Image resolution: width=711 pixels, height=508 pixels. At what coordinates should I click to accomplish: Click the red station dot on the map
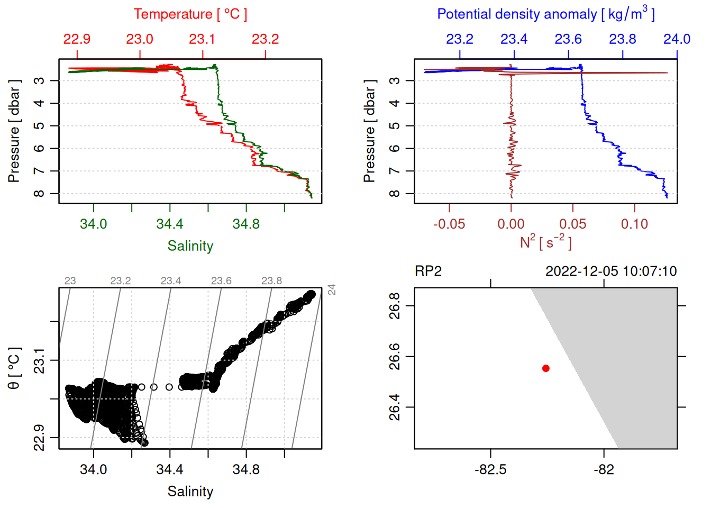point(546,368)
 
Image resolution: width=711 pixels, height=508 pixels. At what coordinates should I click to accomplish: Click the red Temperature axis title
point(190,14)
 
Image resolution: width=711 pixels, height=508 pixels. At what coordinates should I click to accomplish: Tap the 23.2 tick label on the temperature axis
point(265,39)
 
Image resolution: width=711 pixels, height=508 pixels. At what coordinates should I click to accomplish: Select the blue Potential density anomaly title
point(545,14)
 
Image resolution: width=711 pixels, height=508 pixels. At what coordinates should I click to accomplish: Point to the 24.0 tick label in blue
point(677,39)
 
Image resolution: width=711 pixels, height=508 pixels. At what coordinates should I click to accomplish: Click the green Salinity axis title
point(190,246)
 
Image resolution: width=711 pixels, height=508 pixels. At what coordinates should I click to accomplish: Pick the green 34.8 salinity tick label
point(246,224)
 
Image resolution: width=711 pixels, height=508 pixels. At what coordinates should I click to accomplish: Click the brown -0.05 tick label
point(449,224)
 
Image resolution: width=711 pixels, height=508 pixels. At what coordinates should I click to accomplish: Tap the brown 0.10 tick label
point(634,224)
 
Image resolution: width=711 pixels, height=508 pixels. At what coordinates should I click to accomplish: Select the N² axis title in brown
point(545,242)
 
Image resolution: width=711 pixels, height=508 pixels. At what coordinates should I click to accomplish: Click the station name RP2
point(428,271)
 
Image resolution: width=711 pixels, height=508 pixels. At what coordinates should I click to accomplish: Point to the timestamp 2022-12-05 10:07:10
point(611,271)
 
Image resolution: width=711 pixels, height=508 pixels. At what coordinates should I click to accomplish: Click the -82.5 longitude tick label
point(490,470)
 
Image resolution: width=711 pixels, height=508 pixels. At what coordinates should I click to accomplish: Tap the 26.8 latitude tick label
point(395,305)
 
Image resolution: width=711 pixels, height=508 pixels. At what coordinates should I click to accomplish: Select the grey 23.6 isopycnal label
point(221,281)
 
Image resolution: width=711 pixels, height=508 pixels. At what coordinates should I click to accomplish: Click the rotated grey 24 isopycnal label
point(332,289)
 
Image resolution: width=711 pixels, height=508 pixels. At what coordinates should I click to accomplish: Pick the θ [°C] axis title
point(14,368)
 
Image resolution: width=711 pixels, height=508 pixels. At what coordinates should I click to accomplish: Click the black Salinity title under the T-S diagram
point(190,492)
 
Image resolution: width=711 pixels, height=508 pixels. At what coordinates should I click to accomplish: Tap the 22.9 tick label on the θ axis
point(39,438)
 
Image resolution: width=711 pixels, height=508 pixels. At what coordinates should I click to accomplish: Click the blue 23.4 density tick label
point(514,39)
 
